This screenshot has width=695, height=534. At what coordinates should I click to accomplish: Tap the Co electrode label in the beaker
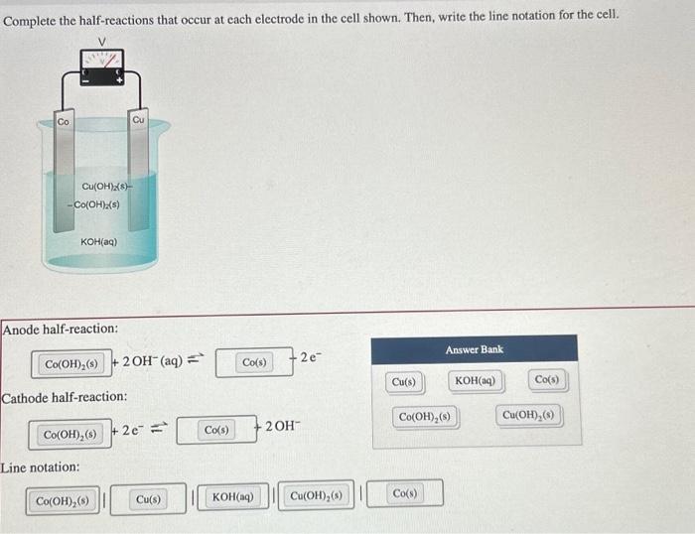coord(64,121)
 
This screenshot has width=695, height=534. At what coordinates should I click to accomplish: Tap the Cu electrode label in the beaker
coord(139,118)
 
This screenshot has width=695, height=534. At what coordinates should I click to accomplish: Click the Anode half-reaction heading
coord(61,328)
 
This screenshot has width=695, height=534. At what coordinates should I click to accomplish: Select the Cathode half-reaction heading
coord(65,397)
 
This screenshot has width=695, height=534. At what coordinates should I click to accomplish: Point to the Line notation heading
coord(42,467)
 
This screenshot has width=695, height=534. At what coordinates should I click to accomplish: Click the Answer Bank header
coord(474,349)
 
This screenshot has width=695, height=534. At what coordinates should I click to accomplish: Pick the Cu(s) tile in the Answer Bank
coord(404,381)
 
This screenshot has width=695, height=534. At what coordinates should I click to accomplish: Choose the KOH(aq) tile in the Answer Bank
coord(477,381)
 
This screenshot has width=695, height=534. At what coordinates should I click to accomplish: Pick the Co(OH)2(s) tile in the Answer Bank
coord(426,416)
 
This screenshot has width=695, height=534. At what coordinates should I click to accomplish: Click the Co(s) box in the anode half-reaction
coord(254,362)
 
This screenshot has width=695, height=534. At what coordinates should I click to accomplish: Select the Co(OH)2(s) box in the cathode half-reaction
coord(69,434)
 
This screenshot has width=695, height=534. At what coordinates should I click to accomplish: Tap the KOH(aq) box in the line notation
coord(233,494)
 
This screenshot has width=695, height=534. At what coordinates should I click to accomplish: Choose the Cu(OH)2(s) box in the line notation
coord(317,494)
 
